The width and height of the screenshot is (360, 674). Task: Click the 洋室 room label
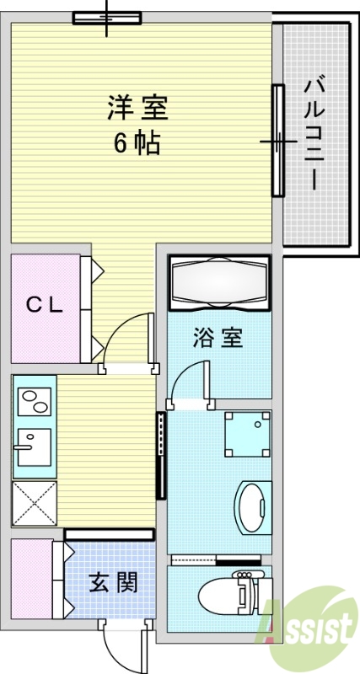tap(137, 108)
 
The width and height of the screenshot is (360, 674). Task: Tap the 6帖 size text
tap(137, 142)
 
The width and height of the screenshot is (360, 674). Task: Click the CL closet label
tap(45, 306)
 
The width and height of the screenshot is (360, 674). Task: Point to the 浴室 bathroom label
tap(218, 338)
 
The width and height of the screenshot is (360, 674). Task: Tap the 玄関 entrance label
tap(114, 583)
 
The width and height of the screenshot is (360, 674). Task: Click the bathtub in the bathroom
tap(220, 283)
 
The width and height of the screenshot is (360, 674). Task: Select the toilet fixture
tap(235, 593)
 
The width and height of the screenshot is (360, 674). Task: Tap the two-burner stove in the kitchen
tap(35, 402)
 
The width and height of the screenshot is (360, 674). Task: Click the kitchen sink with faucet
tap(35, 447)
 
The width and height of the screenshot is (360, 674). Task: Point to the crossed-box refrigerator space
tap(35, 503)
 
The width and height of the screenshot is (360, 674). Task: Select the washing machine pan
tap(248, 434)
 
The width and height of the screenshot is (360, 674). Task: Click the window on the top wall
tap(107, 18)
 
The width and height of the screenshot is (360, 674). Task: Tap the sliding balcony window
tap(278, 141)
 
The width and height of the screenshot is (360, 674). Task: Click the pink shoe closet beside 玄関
tap(32, 579)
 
